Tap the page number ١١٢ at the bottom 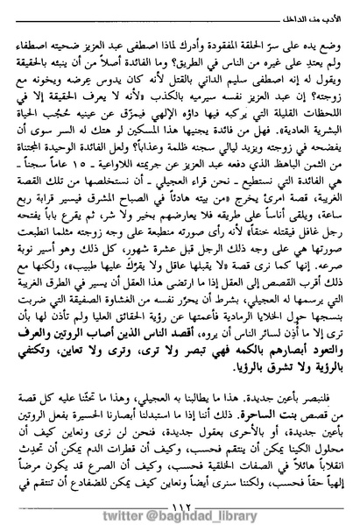click(x=179, y=485)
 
